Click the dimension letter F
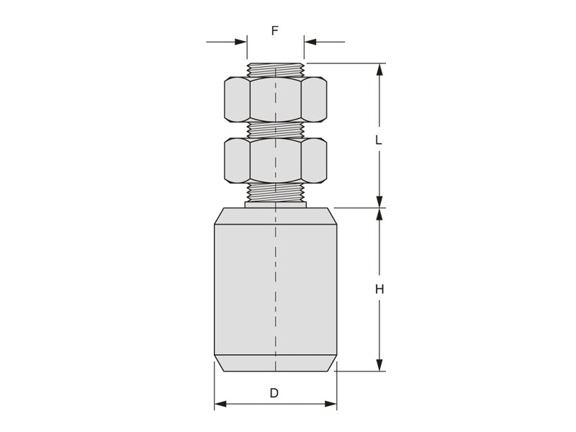point(275,30)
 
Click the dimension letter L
point(379,140)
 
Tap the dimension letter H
point(379,289)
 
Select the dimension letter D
point(274,393)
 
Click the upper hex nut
point(275,99)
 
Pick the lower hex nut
point(275,161)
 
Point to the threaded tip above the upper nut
point(275,70)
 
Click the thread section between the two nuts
point(275,130)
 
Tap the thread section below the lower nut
point(275,192)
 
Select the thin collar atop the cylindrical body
point(275,204)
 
